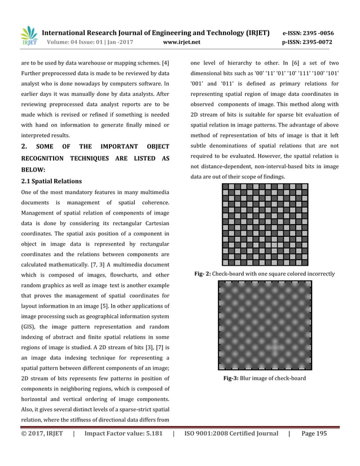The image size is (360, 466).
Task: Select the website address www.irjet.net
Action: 181,42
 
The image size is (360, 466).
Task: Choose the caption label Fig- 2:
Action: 203,274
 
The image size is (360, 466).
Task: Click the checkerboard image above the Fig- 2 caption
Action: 265,225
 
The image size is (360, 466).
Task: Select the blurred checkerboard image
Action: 265,324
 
